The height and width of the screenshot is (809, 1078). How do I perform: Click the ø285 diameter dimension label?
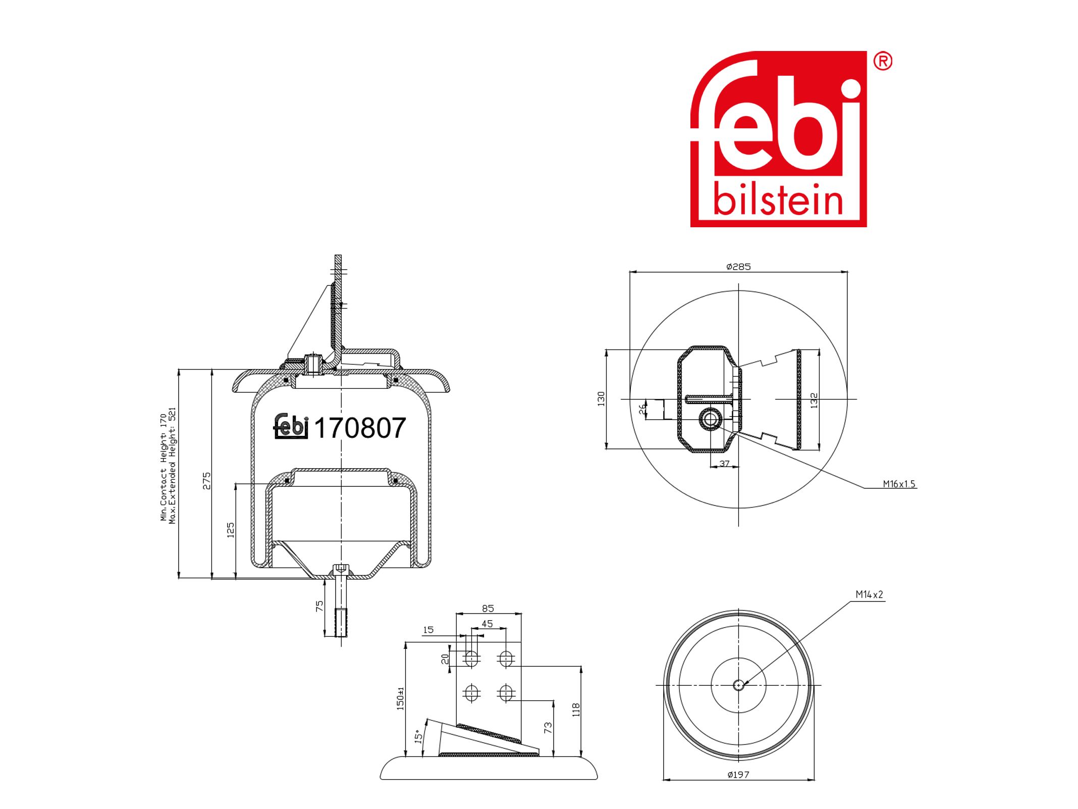click(738, 267)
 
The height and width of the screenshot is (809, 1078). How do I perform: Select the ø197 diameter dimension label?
click(738, 774)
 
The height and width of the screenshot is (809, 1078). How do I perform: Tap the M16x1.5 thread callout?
click(899, 484)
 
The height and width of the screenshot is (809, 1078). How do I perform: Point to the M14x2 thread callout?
click(870, 594)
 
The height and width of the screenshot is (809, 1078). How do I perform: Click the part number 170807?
click(360, 428)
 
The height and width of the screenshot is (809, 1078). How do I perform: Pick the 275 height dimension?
click(206, 481)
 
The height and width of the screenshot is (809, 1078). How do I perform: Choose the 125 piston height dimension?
click(231, 530)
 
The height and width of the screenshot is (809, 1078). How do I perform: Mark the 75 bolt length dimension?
click(319, 606)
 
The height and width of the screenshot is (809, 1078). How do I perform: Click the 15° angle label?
click(418, 736)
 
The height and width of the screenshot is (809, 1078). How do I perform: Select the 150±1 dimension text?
click(401, 698)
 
